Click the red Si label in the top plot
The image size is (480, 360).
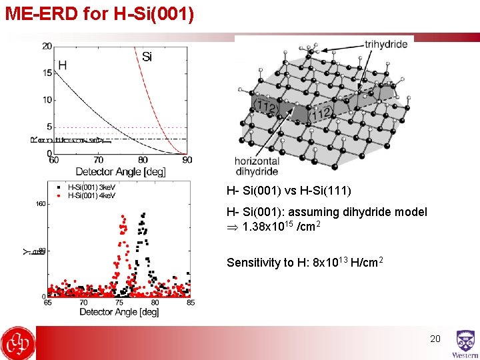(x=147, y=57)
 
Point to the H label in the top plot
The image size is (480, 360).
(x=62, y=65)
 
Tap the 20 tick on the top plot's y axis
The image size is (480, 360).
(x=47, y=46)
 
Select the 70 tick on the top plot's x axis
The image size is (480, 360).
(x=98, y=161)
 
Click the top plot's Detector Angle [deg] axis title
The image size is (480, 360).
(x=120, y=171)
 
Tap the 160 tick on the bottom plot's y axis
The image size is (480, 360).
(x=40, y=205)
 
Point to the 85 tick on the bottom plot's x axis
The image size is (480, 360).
(x=190, y=303)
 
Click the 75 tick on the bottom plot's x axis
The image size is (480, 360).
(x=119, y=303)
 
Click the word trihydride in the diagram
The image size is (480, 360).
(x=386, y=45)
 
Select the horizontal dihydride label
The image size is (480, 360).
(x=257, y=166)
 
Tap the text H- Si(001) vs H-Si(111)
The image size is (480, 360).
(x=289, y=191)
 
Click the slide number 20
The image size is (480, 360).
(x=435, y=339)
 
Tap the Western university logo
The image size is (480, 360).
(x=465, y=343)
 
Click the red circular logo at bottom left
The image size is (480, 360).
(x=18, y=343)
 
